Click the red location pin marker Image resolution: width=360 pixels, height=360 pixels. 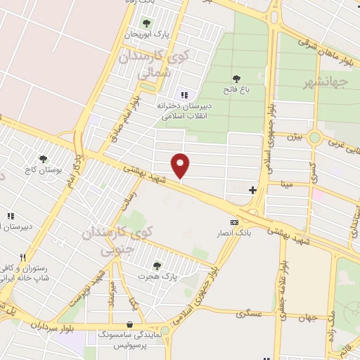coord(181,165)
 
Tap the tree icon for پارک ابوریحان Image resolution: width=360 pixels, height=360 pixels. coord(146,24)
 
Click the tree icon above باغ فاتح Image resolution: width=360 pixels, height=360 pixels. coord(236,79)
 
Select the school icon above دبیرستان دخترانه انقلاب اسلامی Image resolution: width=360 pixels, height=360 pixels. coord(184,95)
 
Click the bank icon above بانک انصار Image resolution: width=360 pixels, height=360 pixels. coord(234,222)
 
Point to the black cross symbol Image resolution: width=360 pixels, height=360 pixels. coord(252,190)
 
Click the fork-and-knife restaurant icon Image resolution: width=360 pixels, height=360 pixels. coord(23,257)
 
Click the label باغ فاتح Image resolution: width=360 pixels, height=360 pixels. coord(236,89)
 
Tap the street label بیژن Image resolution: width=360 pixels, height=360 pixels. coord(292,136)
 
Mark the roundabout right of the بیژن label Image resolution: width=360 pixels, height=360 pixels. coord(315,137)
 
